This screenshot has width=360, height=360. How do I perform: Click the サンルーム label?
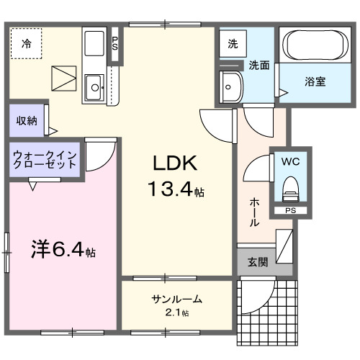176,300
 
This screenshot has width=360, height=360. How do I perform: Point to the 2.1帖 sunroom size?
176,312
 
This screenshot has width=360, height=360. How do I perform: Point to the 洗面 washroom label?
259,65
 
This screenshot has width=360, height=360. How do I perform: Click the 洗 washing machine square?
232,44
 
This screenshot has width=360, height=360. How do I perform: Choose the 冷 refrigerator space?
26,43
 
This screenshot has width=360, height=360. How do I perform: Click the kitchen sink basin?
95,90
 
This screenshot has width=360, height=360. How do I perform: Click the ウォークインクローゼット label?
45,158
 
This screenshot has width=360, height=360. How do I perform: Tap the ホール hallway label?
255,212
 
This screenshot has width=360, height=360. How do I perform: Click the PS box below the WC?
290,210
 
